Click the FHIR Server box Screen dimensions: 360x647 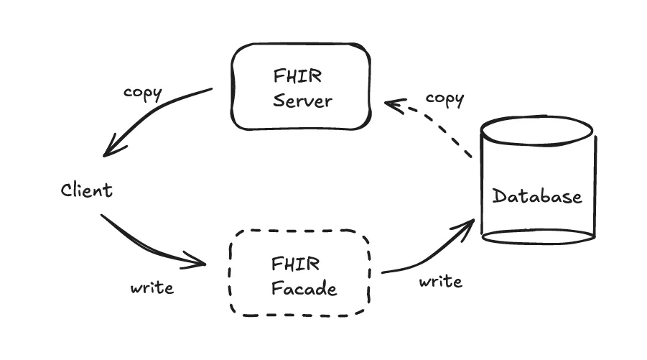pyautogui.click(x=300, y=86)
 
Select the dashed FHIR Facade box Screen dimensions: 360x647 pyautogui.click(x=300, y=272)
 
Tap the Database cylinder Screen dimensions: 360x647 pyautogui.click(x=537, y=180)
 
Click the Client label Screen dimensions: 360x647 pyautogui.click(x=86, y=190)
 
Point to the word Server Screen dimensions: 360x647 pyautogui.click(x=303, y=100)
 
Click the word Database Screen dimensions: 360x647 pyautogui.click(x=537, y=195)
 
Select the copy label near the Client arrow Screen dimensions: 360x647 pyautogui.click(x=143, y=93)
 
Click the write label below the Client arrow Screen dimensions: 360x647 pyautogui.click(x=152, y=288)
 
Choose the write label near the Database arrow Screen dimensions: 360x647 pyautogui.click(x=440, y=281)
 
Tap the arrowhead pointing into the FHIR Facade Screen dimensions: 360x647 pyautogui.click(x=199, y=261)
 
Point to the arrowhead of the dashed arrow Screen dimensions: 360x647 pyautogui.click(x=391, y=105)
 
